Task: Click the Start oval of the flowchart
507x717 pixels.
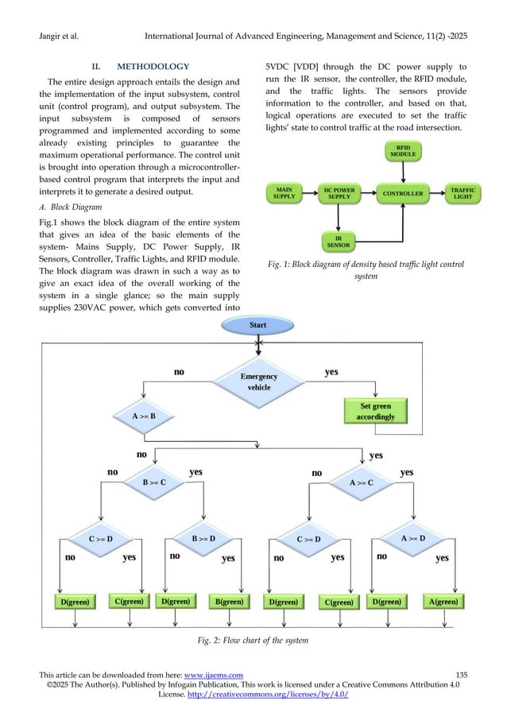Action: pyautogui.click(x=257, y=325)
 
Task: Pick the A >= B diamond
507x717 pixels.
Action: pyautogui.click(x=143, y=415)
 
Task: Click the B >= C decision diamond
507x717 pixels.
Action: pyautogui.click(x=153, y=481)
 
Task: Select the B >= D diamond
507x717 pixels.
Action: pyautogui.click(x=203, y=538)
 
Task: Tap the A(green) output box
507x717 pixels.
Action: pyautogui.click(x=443, y=602)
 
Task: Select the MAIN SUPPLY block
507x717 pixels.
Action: pyautogui.click(x=284, y=193)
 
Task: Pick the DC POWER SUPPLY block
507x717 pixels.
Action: pyautogui.click(x=339, y=193)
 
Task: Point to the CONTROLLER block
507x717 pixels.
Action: pyautogui.click(x=403, y=193)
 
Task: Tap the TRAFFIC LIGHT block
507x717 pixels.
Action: pyautogui.click(x=462, y=193)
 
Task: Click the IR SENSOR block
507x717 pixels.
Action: pyautogui.click(x=339, y=241)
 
